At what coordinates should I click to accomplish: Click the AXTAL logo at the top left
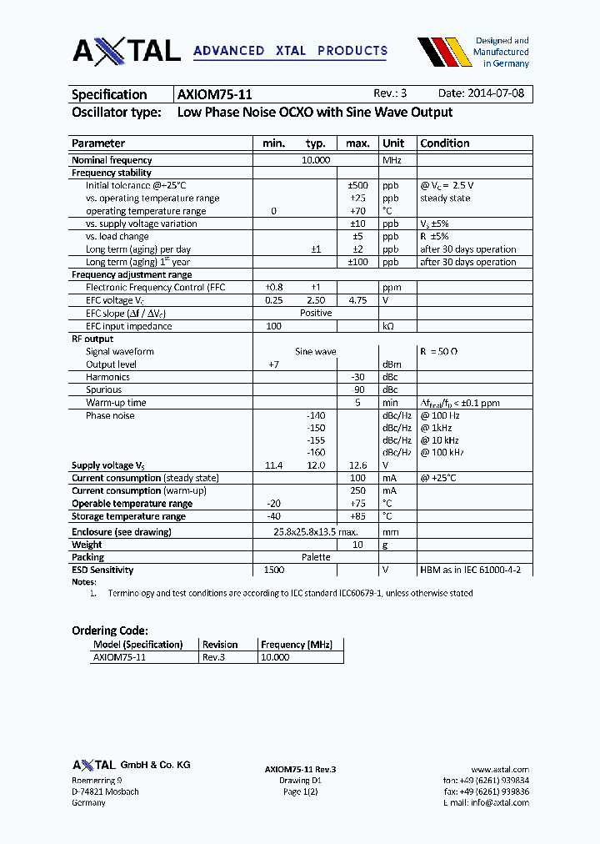(x=127, y=51)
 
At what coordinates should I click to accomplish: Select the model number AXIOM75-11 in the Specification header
(x=215, y=94)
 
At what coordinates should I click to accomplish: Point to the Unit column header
(x=393, y=143)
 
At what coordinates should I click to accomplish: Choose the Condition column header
(x=445, y=143)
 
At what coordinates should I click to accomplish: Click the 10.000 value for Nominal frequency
(x=316, y=160)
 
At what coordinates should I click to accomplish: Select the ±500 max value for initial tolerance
(x=357, y=185)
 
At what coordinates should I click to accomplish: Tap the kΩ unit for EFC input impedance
(x=388, y=326)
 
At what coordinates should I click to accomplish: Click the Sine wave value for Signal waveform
(x=316, y=352)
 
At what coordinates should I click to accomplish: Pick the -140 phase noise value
(x=315, y=415)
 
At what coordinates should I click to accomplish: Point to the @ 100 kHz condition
(x=442, y=453)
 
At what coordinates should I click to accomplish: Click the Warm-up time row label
(x=116, y=403)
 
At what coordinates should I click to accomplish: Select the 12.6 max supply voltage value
(x=357, y=465)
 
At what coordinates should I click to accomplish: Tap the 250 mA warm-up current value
(x=357, y=491)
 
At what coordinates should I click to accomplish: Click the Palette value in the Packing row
(x=316, y=557)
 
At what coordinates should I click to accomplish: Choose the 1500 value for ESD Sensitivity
(x=273, y=570)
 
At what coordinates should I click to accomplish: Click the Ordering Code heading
(x=110, y=631)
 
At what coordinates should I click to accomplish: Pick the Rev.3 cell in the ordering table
(x=214, y=657)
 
